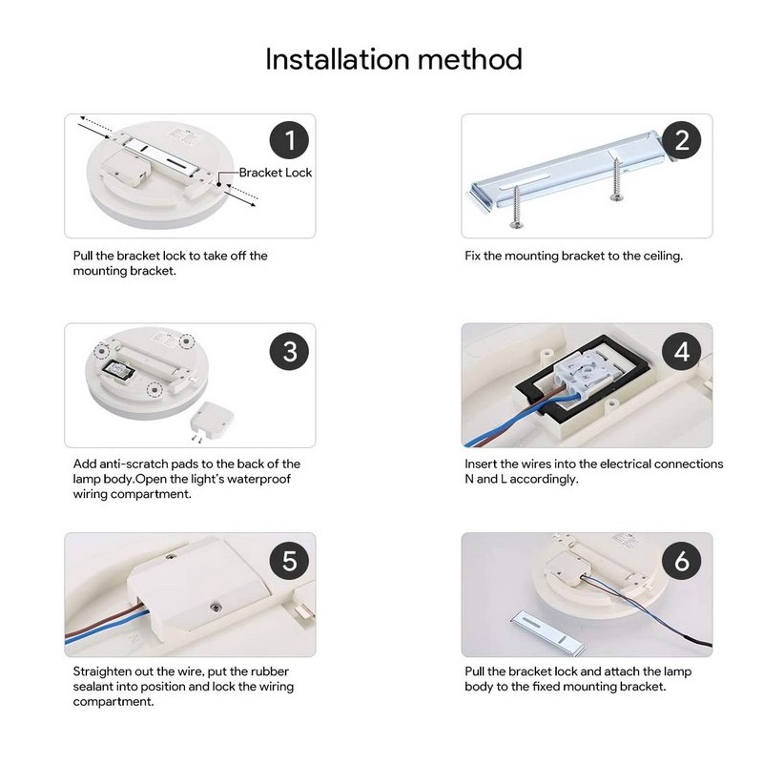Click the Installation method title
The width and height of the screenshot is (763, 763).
(393, 59)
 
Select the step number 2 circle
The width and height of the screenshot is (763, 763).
(681, 142)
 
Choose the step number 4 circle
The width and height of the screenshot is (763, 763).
(681, 351)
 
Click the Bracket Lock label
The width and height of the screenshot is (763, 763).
(275, 173)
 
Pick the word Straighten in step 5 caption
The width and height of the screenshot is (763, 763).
(107, 671)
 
